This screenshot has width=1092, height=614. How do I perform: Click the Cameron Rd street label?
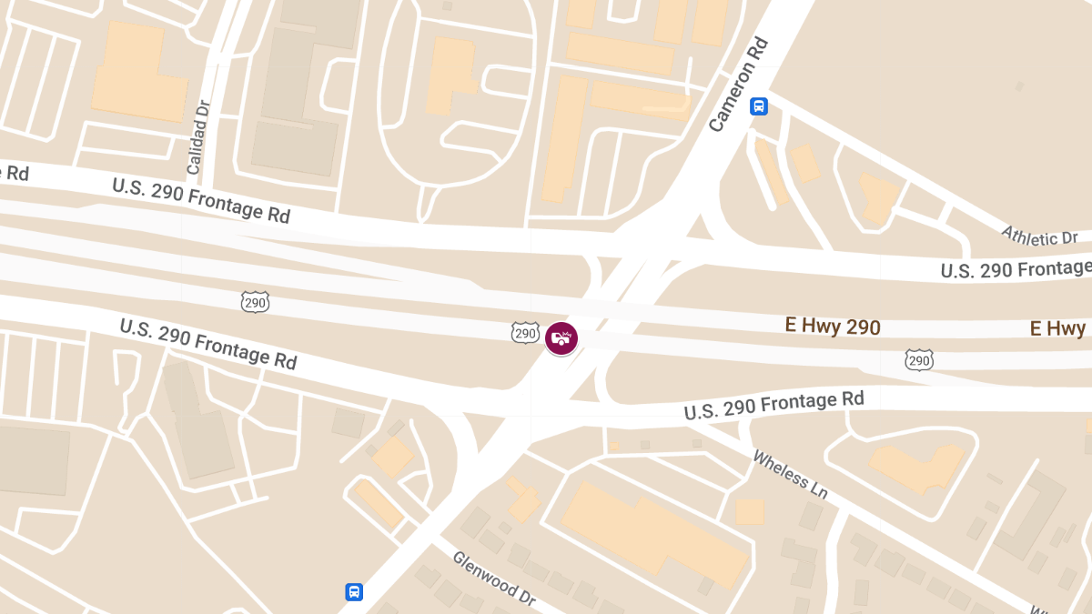tap(738, 85)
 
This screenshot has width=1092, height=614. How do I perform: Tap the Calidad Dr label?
tap(198, 137)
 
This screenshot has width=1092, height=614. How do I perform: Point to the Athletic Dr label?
tap(1039, 236)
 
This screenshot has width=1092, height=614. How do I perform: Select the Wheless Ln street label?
tap(790, 473)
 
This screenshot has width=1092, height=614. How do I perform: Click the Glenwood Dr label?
tap(494, 579)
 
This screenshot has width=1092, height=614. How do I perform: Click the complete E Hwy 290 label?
tap(833, 326)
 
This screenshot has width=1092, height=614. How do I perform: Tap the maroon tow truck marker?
tap(561, 338)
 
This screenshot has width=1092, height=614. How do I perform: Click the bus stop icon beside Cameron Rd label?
tap(759, 106)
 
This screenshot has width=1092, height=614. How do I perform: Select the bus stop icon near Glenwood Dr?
tap(354, 592)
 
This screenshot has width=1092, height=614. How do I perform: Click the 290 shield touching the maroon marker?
tap(525, 334)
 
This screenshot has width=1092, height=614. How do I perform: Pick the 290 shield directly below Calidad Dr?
tap(256, 302)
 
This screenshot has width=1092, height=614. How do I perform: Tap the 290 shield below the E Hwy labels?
tap(919, 361)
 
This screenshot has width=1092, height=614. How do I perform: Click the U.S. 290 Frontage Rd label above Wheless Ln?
tap(773, 405)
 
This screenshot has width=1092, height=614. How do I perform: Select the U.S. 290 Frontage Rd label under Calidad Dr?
tap(201, 200)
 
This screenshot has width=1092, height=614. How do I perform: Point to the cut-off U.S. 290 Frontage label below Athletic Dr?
tap(1015, 268)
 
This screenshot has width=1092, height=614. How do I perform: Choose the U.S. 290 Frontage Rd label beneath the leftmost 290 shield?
tap(208, 343)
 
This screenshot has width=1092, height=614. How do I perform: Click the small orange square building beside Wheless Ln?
tap(749, 512)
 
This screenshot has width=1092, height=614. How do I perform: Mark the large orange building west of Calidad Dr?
tap(138, 73)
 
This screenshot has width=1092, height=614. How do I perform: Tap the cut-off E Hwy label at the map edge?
tap(1060, 328)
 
